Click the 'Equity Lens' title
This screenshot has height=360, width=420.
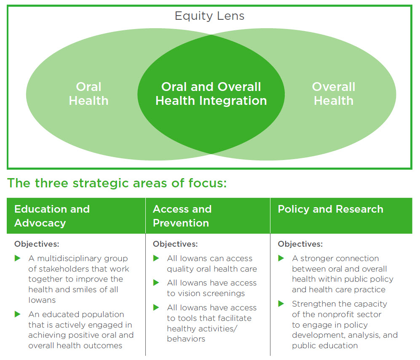(209, 16)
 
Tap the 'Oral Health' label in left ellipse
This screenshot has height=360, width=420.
(88, 93)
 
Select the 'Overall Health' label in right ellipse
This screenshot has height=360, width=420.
(333, 93)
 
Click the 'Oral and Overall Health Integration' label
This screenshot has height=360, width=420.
(211, 93)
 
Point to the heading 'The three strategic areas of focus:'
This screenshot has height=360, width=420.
(117, 184)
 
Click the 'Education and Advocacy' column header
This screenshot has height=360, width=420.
(52, 216)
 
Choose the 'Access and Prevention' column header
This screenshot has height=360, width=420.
(182, 216)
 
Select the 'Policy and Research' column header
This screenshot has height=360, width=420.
(330, 209)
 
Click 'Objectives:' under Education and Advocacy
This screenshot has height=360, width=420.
(37, 244)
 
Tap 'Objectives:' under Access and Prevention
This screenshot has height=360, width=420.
(175, 244)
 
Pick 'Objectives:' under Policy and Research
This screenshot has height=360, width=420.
(300, 244)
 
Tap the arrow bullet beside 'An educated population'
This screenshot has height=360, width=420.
(18, 315)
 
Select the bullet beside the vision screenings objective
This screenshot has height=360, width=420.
(156, 283)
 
